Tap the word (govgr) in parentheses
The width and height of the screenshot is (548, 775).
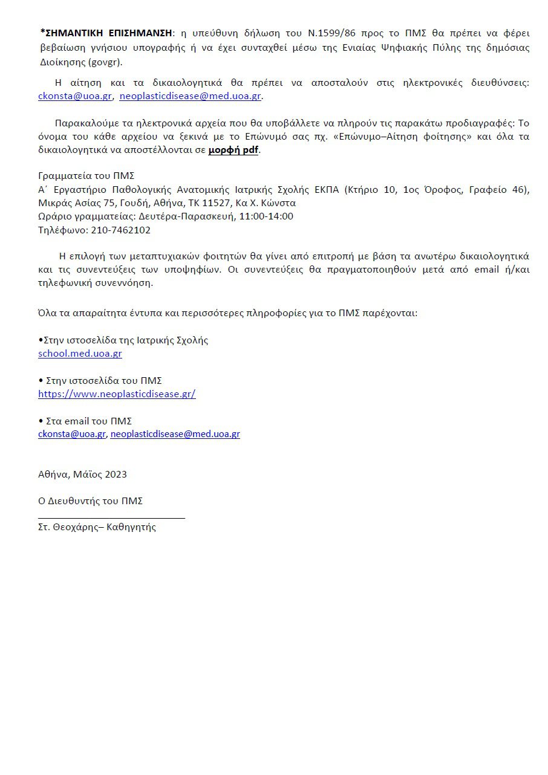click(105, 62)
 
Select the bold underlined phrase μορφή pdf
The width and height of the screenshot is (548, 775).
click(233, 150)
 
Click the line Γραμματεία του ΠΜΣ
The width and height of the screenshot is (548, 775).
click(86, 176)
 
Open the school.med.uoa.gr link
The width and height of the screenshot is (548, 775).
click(80, 354)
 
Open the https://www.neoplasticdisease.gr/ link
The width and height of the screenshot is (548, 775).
click(117, 394)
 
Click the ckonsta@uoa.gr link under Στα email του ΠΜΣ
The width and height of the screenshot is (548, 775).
click(72, 434)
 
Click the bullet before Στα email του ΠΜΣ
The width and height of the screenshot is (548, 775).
click(41, 421)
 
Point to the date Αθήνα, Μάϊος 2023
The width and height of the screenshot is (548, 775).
click(82, 475)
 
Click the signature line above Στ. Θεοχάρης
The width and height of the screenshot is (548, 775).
click(111, 518)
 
